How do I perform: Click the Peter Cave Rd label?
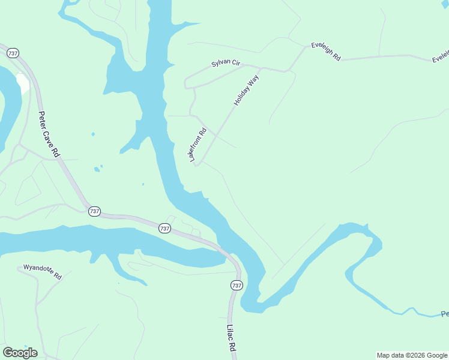click(x=49, y=134)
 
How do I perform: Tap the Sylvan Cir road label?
click(x=225, y=64)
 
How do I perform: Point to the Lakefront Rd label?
click(x=198, y=145)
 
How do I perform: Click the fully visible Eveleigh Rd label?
click(x=326, y=52)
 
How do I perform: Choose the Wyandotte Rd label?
click(x=42, y=272)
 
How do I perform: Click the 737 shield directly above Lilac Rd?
click(x=237, y=286)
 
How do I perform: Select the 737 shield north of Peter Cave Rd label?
click(x=13, y=53)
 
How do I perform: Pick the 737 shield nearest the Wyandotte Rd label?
click(x=94, y=211)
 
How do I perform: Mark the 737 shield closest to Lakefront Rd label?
click(x=164, y=228)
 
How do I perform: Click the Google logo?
click(x=20, y=353)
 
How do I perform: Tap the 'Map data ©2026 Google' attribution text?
click(x=412, y=355)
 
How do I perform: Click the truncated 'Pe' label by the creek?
click(x=444, y=314)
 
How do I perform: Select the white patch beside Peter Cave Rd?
click(x=23, y=83)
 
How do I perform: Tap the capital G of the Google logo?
click(x=8, y=353)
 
